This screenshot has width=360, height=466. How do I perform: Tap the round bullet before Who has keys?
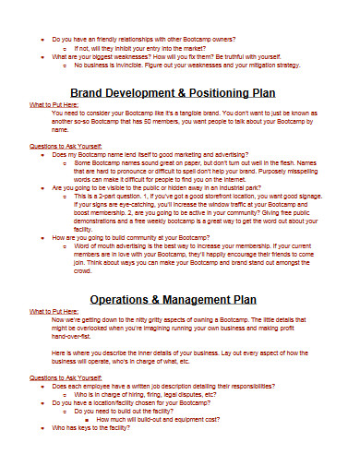coord(45,403)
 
